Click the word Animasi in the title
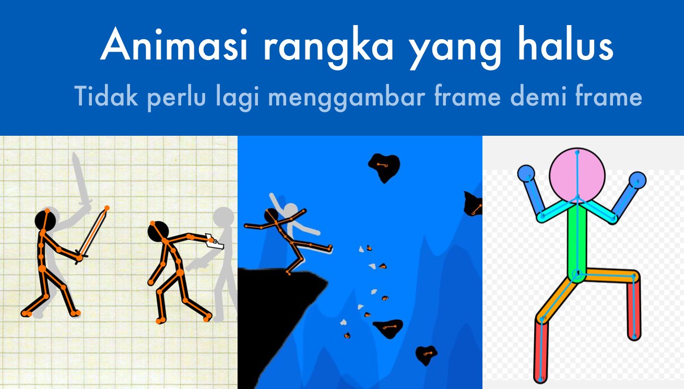(174, 45)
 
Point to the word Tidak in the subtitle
(105, 96)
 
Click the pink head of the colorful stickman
(577, 175)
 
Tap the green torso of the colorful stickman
(577, 241)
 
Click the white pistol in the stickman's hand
(214, 242)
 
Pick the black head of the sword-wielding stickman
(45, 220)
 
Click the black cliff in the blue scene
(275, 314)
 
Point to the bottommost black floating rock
(426, 355)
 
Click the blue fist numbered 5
(638, 181)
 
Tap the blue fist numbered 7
(526, 173)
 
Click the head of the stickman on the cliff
(271, 216)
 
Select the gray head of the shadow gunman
(223, 217)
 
